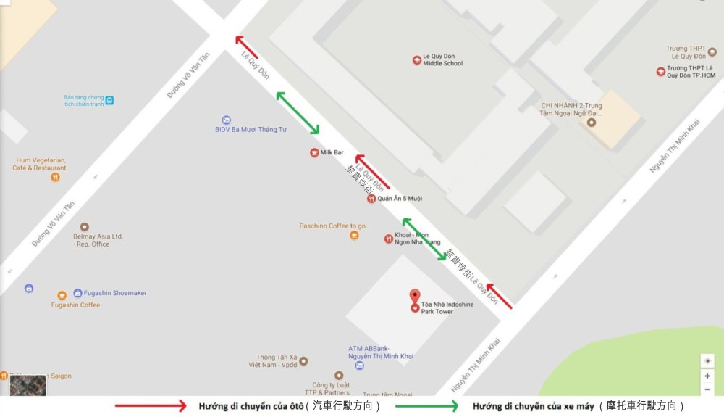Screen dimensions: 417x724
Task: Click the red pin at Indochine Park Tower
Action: (414, 297)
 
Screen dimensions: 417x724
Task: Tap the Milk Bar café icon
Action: (314, 152)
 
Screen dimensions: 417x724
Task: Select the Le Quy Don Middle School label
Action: (442, 59)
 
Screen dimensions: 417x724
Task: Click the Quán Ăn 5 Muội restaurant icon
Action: (371, 199)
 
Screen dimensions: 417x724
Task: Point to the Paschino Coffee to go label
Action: (332, 226)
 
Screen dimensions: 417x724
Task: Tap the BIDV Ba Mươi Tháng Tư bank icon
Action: (226, 120)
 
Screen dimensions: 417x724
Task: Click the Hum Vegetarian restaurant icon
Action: (55, 177)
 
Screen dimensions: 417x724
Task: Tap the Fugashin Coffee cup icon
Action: (62, 295)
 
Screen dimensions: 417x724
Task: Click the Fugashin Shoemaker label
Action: (116, 293)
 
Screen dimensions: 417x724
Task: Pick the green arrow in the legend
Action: (427, 406)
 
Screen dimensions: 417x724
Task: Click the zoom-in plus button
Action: (707, 376)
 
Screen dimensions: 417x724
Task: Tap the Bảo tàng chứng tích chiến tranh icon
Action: (109, 100)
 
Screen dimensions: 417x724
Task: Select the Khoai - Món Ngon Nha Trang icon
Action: (388, 239)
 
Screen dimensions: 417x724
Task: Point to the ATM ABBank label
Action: (380, 352)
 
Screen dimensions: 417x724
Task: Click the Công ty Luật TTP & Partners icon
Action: (338, 376)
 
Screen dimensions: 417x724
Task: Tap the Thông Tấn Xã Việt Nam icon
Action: (303, 360)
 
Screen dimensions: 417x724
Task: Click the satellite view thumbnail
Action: (28, 385)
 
